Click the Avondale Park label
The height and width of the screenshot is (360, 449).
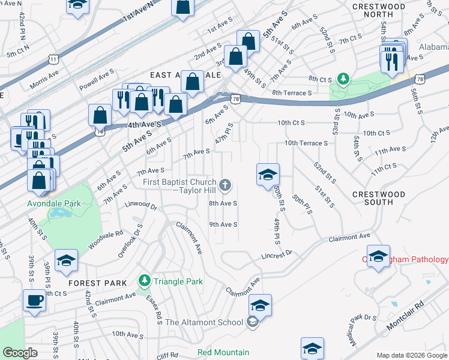pyautogui.click(x=54, y=203)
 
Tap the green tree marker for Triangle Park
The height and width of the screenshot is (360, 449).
pyautogui.click(x=144, y=281)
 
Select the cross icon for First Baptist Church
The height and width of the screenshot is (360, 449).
pyautogui.click(x=225, y=184)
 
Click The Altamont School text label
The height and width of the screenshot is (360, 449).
pyautogui.click(x=204, y=322)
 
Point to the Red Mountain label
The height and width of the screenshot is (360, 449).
pyautogui.click(x=223, y=352)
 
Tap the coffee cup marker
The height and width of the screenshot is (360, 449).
pyautogui.click(x=35, y=301)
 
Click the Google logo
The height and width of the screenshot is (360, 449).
pyautogui.click(x=20, y=353)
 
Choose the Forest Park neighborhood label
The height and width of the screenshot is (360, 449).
pyautogui.click(x=97, y=283)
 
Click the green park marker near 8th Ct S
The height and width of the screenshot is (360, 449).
pyautogui.click(x=343, y=79)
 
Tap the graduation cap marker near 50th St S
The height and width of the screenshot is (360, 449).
pyautogui.click(x=268, y=175)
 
